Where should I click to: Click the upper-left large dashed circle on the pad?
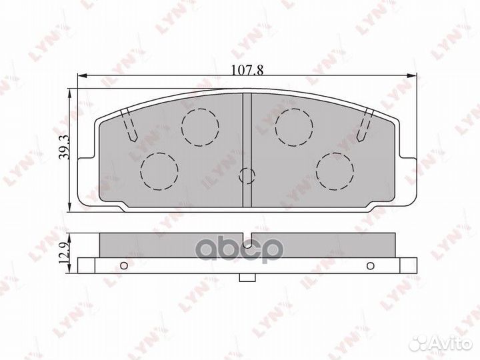pyautogui.click(x=200, y=127)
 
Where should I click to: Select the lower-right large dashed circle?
pyautogui.click(x=335, y=170)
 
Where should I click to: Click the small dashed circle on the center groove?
pyautogui.click(x=247, y=175)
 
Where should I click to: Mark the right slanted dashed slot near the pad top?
pyautogui.click(x=364, y=126)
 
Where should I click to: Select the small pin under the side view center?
pyautogui.click(x=247, y=278)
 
